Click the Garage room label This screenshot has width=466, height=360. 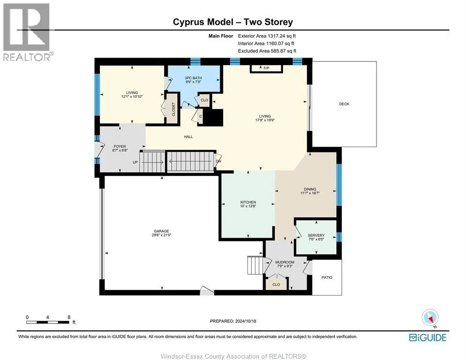161,231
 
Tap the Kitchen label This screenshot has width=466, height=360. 248,202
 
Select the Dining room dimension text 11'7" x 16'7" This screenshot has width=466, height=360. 310,193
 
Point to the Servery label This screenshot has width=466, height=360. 316,235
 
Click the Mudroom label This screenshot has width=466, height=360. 285,262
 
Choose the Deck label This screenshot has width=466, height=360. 344,104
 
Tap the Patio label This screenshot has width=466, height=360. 327,277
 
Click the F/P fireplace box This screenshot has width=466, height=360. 266,68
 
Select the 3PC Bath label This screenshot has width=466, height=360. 193,78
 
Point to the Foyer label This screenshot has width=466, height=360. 120,146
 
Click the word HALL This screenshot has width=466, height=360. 188,137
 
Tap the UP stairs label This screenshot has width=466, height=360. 135,162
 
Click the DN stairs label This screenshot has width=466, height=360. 218,161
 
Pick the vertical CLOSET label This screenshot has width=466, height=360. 173,109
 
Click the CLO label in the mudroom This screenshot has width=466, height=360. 276,285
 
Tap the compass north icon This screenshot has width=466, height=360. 430,317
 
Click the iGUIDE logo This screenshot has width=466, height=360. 428,337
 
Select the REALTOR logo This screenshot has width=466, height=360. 27,32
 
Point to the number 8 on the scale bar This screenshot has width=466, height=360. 69,317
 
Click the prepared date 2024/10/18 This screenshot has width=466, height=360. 246,321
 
